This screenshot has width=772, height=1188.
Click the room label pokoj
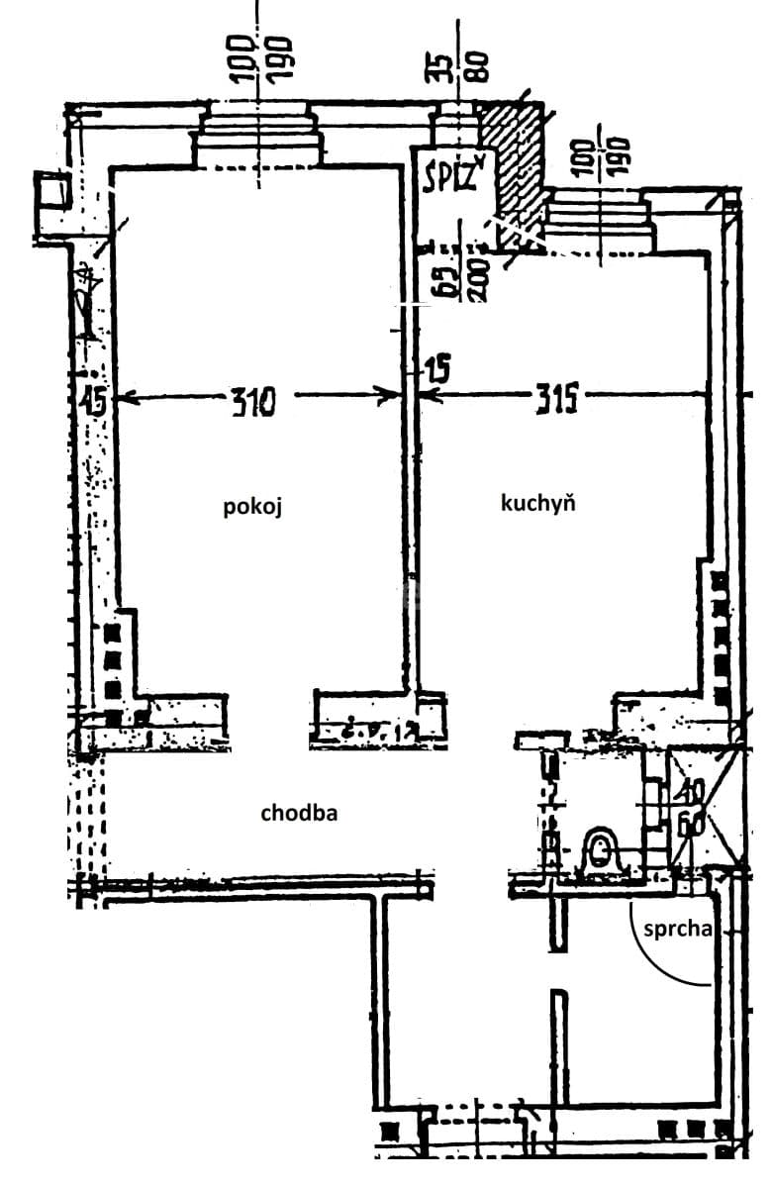coord(252,507)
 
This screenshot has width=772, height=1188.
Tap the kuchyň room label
coord(538,503)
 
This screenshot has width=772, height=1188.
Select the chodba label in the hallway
coord(299,814)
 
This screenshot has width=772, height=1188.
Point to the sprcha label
coord(678,930)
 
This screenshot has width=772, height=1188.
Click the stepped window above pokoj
coord(257,139)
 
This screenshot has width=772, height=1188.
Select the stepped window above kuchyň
coord(599,220)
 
